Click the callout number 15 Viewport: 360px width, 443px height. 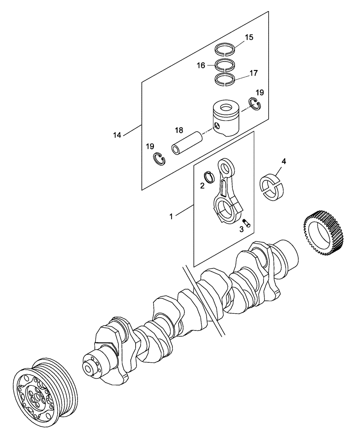pyautogui.click(x=249, y=37)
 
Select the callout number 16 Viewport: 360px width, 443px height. pyautogui.click(x=201, y=66)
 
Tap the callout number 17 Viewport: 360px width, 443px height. pyautogui.click(x=253, y=73)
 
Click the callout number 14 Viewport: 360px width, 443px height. pyautogui.click(x=117, y=135)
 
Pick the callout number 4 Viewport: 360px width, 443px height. pyautogui.click(x=284, y=161)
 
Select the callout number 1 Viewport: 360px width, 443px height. pyautogui.click(x=171, y=217)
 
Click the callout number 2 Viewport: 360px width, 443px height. pyautogui.click(x=202, y=186)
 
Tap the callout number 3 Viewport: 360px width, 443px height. pyautogui.click(x=242, y=229)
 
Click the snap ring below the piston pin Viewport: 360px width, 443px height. pyautogui.click(x=159, y=159)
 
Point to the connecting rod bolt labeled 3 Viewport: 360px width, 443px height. pyautogui.click(x=247, y=223)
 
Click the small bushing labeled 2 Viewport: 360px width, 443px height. pyautogui.click(x=210, y=176)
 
